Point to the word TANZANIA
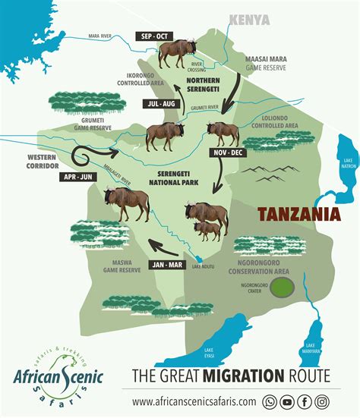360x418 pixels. pyautogui.click(x=298, y=215)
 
